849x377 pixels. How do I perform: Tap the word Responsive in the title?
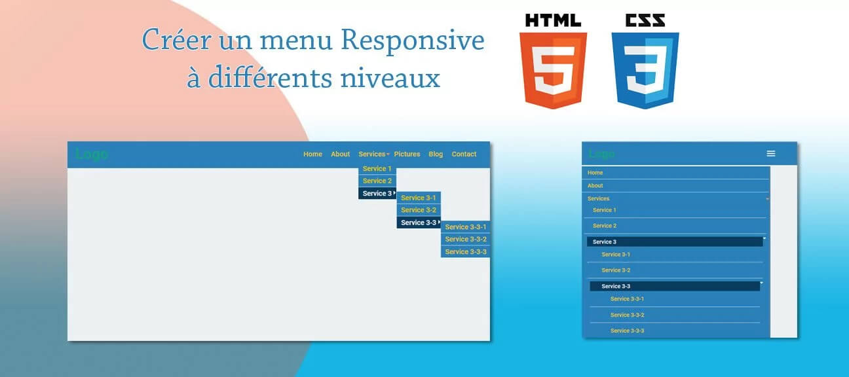click(413, 41)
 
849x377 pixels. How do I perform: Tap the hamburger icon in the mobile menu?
click(771, 153)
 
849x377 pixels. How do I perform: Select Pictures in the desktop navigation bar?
click(407, 154)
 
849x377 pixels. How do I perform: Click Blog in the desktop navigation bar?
click(436, 154)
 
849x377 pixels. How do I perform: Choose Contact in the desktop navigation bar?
click(464, 154)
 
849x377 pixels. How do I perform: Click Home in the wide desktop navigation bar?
click(312, 154)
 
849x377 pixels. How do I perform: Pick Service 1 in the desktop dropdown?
click(377, 169)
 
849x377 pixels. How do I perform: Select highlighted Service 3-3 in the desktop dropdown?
click(418, 223)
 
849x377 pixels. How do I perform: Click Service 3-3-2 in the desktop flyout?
click(466, 239)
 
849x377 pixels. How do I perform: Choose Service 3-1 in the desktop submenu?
click(418, 198)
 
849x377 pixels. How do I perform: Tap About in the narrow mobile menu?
click(595, 186)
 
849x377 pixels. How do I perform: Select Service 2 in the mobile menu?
click(605, 226)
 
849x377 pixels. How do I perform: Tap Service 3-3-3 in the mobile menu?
click(627, 331)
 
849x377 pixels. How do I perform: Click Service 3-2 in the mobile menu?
click(616, 270)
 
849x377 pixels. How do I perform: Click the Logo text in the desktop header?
click(92, 154)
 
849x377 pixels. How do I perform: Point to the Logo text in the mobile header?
click(601, 154)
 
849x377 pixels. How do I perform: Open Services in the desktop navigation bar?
click(372, 154)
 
